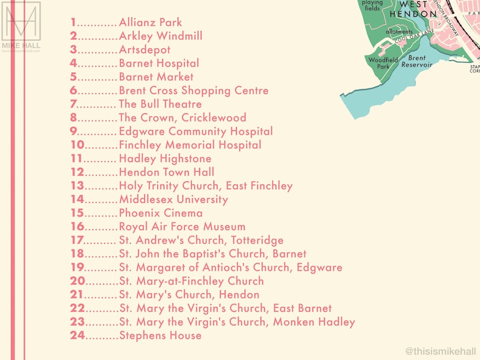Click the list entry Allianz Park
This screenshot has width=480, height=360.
coord(151,22)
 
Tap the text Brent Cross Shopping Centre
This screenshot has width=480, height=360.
coord(193,91)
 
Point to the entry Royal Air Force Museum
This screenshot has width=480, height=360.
coord(182,227)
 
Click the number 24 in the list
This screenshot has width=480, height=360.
coord(77,335)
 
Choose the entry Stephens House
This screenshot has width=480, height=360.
coord(160,335)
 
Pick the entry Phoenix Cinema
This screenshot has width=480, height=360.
coord(161,213)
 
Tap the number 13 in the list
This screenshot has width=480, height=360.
coord(77,185)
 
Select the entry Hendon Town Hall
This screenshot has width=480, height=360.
coord(166,172)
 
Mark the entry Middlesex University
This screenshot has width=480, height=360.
coord(174,199)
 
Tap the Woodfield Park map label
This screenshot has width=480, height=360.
coord(383,63)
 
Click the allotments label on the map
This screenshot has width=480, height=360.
coord(399,31)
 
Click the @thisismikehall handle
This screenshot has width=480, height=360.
coord(441,350)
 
